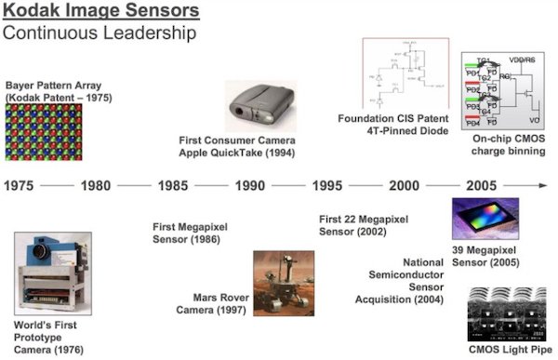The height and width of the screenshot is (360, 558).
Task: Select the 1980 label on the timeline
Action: pos(96,185)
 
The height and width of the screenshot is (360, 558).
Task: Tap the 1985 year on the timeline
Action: pos(172,185)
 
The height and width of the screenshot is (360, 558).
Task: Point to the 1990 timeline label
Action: pos(249,185)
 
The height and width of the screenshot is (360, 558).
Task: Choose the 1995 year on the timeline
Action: pos(326,185)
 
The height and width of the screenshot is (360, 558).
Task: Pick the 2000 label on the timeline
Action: pos(404,185)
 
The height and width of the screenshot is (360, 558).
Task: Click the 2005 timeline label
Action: pos(480,185)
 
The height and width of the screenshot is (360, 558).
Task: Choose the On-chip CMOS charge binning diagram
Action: pos(502,88)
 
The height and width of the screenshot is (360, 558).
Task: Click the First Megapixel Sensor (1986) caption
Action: pos(190,233)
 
